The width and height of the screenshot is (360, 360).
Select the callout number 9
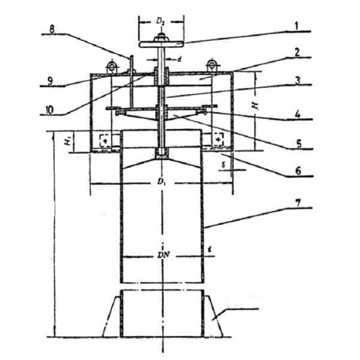(x=53, y=78)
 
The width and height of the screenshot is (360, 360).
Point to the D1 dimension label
(x=160, y=181)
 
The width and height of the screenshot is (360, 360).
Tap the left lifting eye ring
(x=112, y=65)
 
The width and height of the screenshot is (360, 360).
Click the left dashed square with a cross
(x=105, y=140)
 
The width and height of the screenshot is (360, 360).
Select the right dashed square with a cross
(x=217, y=140)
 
